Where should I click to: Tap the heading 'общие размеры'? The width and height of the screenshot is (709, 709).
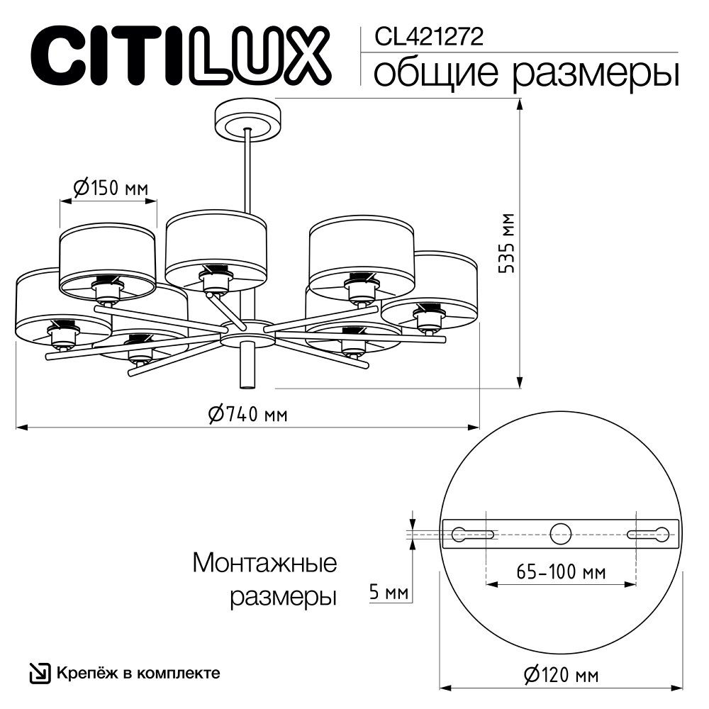(x=525, y=73)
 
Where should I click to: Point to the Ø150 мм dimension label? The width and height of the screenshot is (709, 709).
(x=111, y=188)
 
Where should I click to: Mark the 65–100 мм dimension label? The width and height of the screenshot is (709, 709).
(x=561, y=571)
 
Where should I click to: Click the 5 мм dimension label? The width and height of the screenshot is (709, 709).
(x=389, y=591)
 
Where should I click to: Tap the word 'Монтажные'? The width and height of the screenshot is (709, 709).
(x=264, y=564)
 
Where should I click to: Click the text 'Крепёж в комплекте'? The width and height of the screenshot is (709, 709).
(x=138, y=673)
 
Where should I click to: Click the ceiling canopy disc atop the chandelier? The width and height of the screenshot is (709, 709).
(x=247, y=121)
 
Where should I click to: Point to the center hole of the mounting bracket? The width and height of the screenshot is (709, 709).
(x=561, y=533)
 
